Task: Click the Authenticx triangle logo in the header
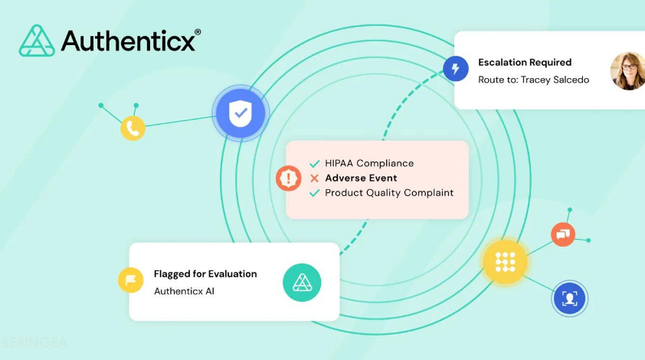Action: (36, 41)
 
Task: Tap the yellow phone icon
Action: (133, 128)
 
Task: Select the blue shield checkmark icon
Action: (239, 113)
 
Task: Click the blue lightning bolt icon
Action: (456, 69)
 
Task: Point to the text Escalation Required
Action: (524, 62)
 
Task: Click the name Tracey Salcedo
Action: (554, 80)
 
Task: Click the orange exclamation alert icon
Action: (289, 179)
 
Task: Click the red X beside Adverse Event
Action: (314, 178)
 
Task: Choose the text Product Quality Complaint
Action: (389, 193)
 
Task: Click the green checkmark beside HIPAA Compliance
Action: (314, 163)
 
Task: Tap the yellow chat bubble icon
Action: (131, 281)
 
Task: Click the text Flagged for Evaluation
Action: (205, 274)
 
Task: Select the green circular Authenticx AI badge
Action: (301, 283)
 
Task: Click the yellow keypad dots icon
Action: (505, 262)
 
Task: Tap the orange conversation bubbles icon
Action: (563, 235)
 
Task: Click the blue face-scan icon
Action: (570, 298)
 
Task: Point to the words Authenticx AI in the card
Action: (186, 292)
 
